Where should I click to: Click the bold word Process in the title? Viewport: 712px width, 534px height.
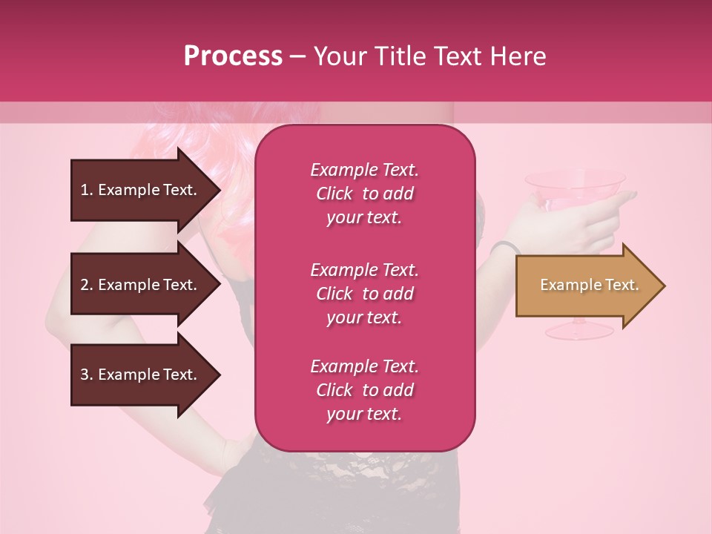click(x=233, y=56)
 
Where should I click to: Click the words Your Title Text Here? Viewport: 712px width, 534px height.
click(x=429, y=56)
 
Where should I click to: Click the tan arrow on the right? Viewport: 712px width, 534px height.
click(x=586, y=286)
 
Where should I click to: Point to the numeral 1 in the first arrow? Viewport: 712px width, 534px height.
click(x=84, y=190)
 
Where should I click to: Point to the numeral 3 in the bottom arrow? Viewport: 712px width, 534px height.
click(x=84, y=375)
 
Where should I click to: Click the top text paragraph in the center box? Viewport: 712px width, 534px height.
click(x=364, y=194)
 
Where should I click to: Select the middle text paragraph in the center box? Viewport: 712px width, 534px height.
click(x=364, y=294)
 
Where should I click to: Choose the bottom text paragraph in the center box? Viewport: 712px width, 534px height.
click(x=364, y=390)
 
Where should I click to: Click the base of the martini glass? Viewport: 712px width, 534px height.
click(x=578, y=327)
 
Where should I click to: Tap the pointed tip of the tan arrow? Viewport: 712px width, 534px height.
click(x=663, y=286)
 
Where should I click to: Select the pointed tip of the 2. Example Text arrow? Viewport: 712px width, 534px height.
click(x=219, y=285)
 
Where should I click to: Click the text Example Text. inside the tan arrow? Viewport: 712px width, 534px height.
click(x=589, y=285)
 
